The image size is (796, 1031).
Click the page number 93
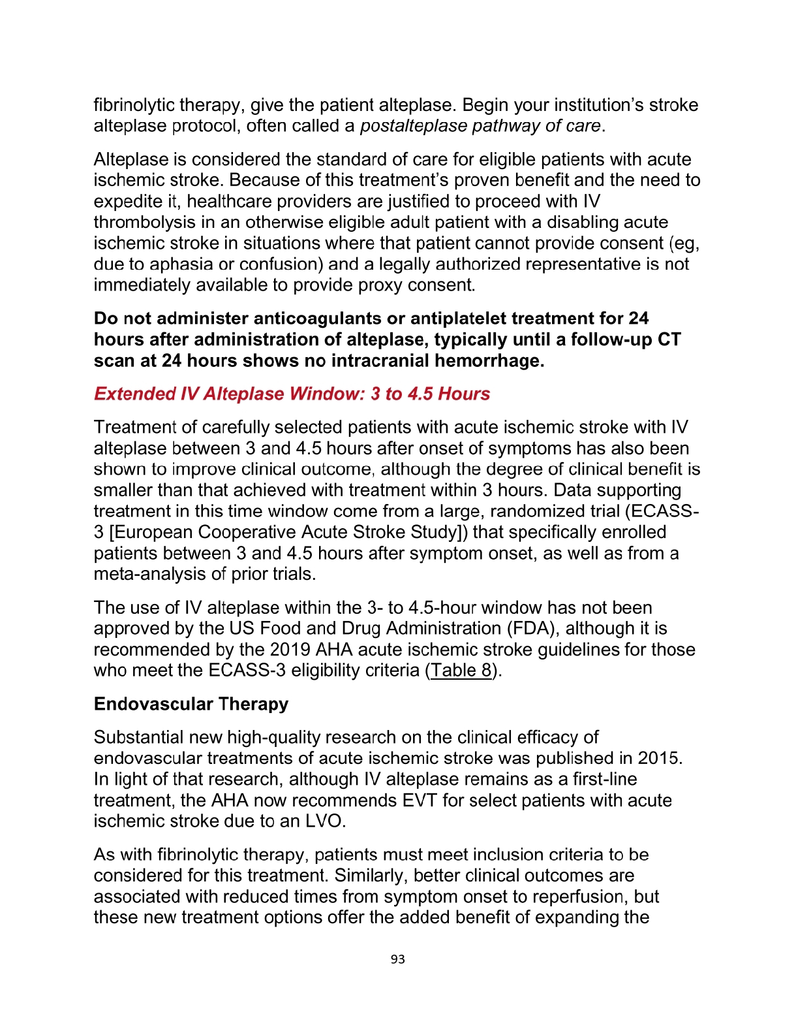(397, 959)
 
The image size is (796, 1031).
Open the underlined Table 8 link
(461, 671)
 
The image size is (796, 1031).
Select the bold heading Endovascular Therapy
(191, 704)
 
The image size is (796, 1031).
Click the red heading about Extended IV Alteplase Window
(292, 394)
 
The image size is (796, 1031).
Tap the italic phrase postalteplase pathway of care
(480, 126)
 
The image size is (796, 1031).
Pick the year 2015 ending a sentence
(659, 758)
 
